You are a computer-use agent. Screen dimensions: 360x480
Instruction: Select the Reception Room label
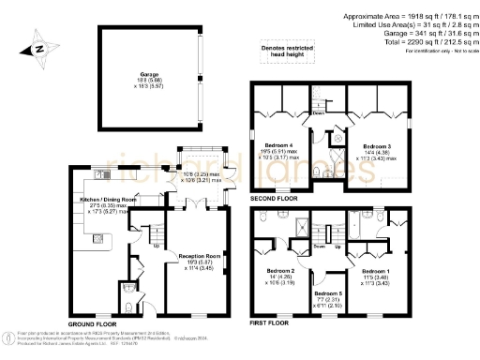click(200, 255)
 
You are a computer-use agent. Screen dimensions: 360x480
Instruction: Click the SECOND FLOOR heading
click(275, 199)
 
